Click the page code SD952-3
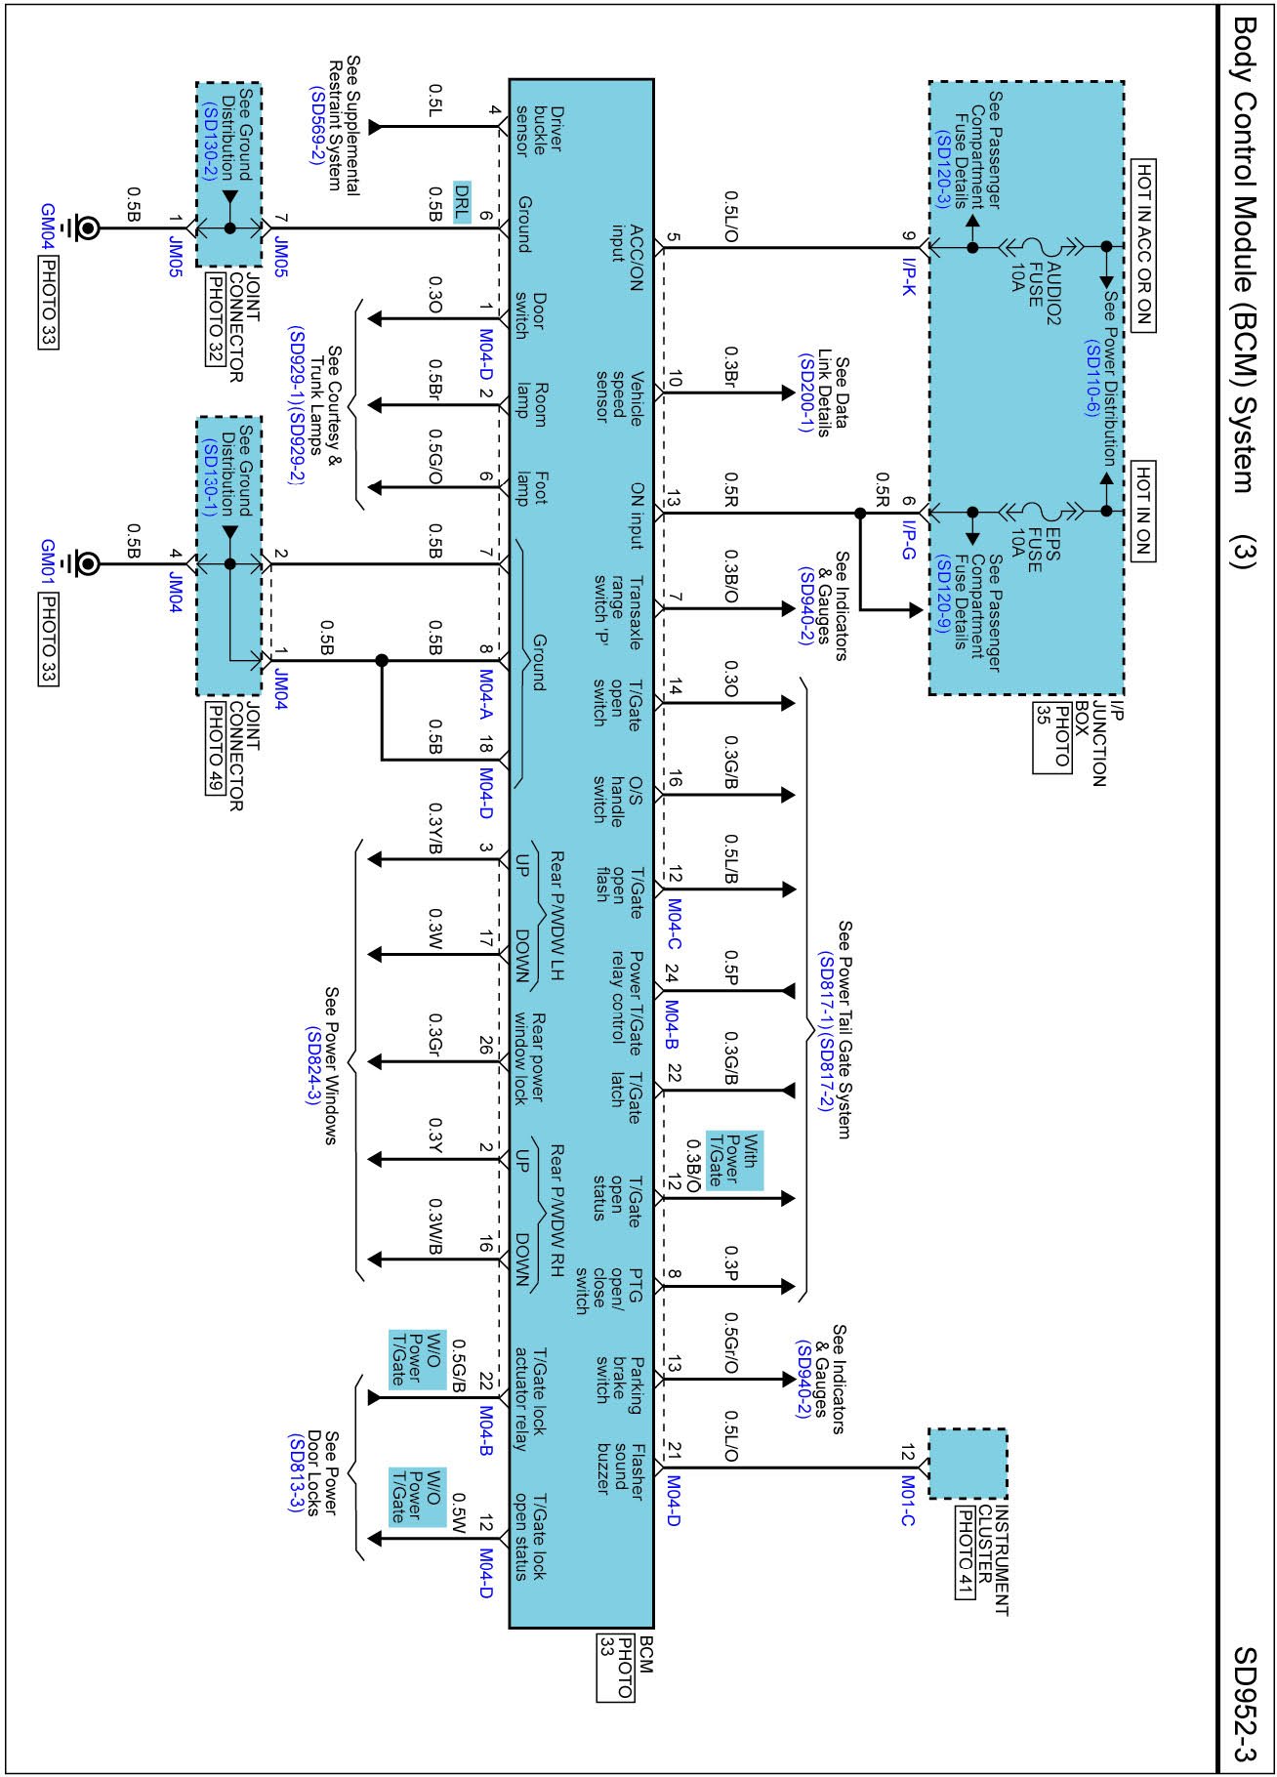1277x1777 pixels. coord(1246,1703)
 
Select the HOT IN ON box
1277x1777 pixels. coord(1143,511)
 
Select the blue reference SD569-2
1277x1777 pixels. coord(316,126)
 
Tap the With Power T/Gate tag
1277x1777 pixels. coord(733,1160)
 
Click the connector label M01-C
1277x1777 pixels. coord(907,1500)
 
